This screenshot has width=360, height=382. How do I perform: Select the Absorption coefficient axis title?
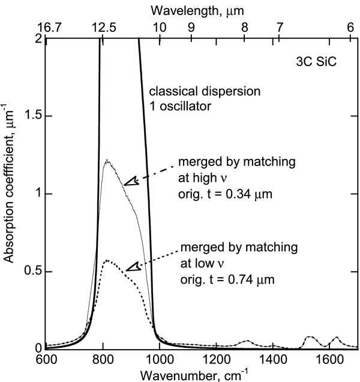click(10, 193)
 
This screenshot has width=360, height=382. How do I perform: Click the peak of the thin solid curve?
click(106, 160)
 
